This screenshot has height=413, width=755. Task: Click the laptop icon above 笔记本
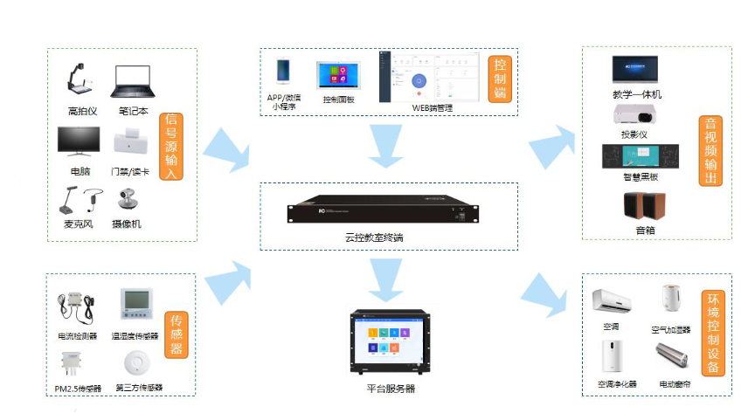tap(133, 82)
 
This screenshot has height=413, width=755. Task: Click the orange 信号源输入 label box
tap(172, 146)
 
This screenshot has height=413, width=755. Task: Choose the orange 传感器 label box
tap(176, 334)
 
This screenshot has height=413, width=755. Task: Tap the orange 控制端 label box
tap(498, 77)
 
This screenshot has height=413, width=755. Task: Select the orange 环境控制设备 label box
tap(712, 334)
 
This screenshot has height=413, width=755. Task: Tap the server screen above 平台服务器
tap(385, 342)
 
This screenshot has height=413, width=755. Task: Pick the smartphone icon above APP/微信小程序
tap(282, 72)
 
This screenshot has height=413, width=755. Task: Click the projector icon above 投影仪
tap(634, 115)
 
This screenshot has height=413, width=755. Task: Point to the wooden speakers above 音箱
tap(645, 206)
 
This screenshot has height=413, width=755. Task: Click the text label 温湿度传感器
tap(135, 336)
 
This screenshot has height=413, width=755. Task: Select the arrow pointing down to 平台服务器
tap(384, 279)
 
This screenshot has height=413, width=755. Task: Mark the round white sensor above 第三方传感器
tap(134, 361)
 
